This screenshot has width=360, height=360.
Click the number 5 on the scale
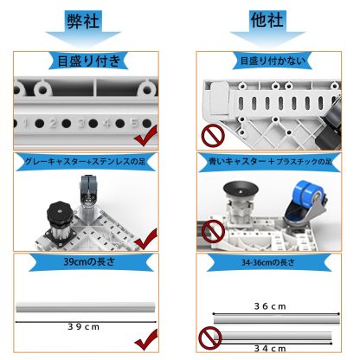click(134, 122)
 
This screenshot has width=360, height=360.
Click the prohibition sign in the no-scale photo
click(209, 137)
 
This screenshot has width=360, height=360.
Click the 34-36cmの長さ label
click(270, 262)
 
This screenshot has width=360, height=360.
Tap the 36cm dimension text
click(272, 305)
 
